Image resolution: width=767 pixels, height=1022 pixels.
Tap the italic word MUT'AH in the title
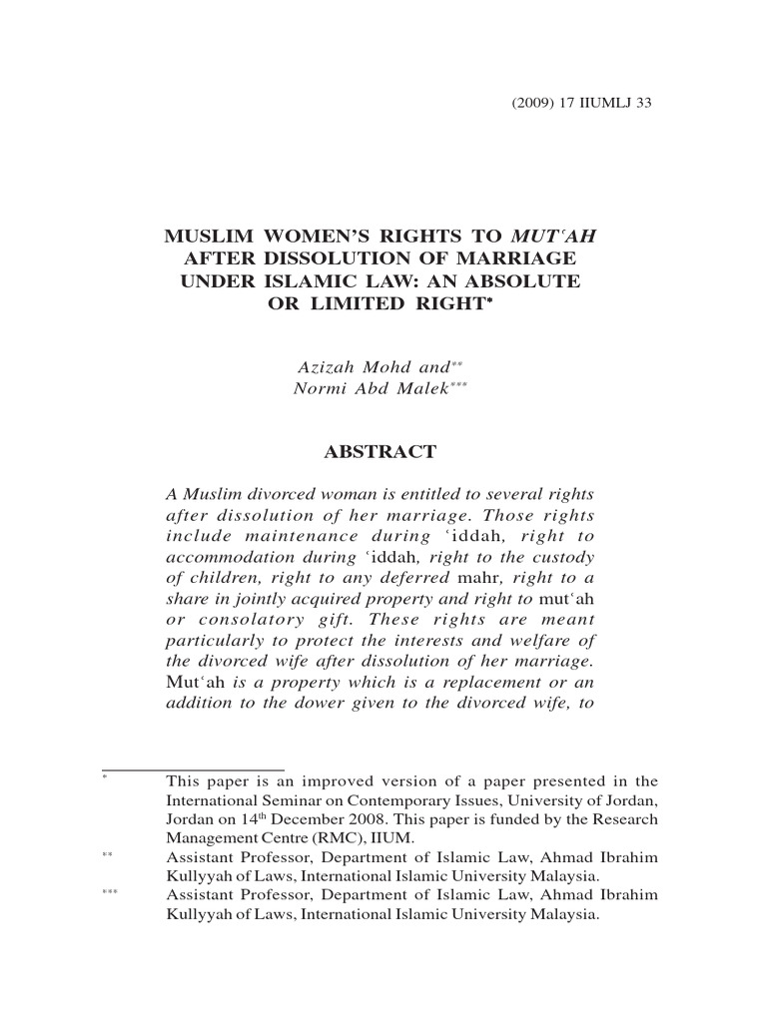click(558, 238)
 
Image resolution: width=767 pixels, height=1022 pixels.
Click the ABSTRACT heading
click(381, 452)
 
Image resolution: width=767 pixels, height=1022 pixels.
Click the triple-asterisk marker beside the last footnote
click(110, 894)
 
